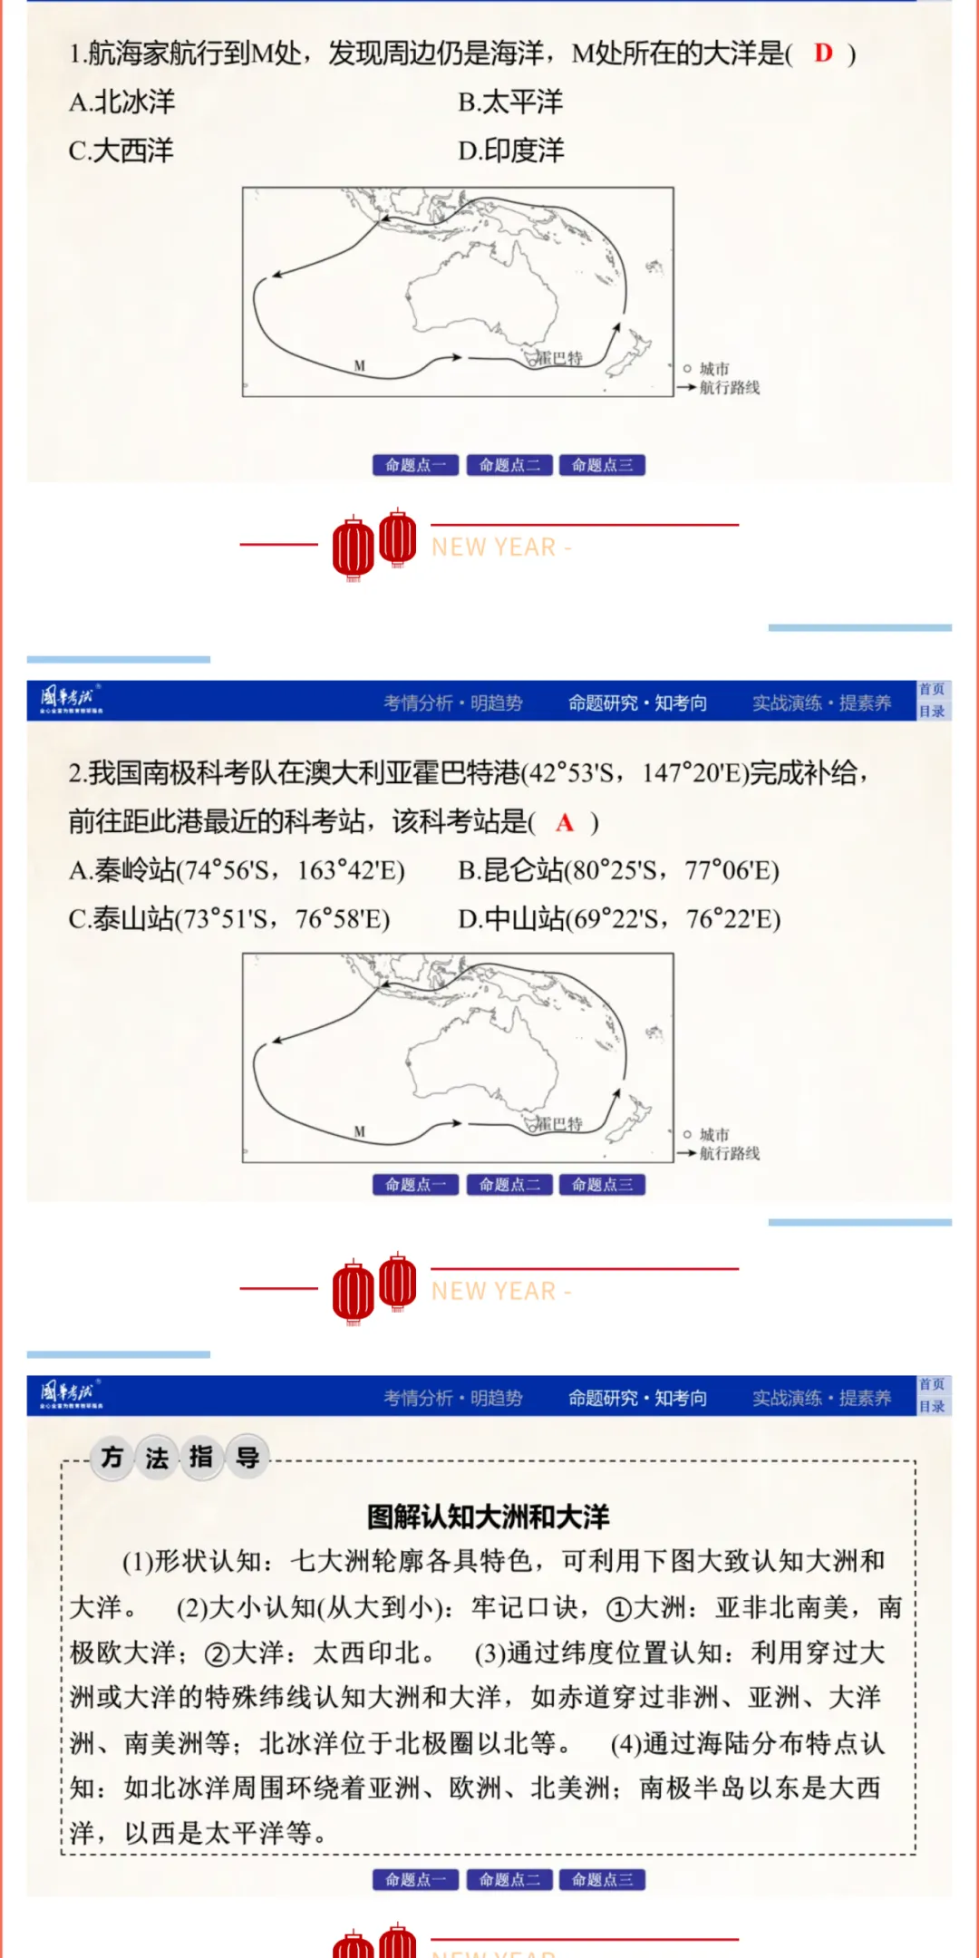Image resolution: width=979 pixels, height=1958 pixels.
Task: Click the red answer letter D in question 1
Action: (823, 53)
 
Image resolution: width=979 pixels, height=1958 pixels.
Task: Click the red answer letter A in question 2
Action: (565, 822)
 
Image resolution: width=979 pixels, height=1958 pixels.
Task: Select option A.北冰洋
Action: (122, 102)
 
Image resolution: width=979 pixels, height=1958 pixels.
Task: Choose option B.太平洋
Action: (510, 102)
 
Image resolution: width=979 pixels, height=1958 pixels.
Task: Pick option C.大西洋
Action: (121, 150)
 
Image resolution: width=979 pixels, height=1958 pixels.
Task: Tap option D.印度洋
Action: (511, 150)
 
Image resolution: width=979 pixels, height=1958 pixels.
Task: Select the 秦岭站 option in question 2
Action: (237, 870)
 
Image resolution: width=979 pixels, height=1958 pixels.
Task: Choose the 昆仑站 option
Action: (618, 870)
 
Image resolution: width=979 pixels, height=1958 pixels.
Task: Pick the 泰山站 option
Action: (229, 919)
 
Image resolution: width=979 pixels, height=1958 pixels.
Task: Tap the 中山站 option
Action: (619, 919)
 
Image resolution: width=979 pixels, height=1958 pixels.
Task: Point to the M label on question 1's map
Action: (360, 366)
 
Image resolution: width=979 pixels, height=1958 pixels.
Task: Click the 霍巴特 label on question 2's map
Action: (559, 1124)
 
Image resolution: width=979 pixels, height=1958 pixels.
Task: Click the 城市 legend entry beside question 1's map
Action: (713, 369)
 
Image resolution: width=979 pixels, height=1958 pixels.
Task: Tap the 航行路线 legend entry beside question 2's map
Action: (729, 1153)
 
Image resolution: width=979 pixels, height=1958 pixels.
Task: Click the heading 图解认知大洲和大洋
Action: (489, 1517)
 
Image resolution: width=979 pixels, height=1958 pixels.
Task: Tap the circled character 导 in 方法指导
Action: (247, 1458)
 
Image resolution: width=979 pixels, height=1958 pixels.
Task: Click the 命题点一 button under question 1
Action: (415, 465)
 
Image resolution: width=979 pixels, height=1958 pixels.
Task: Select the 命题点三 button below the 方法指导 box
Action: (602, 1880)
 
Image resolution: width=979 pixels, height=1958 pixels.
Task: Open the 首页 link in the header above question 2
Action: (932, 690)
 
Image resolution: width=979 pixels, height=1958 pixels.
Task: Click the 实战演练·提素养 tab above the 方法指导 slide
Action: (821, 1398)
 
